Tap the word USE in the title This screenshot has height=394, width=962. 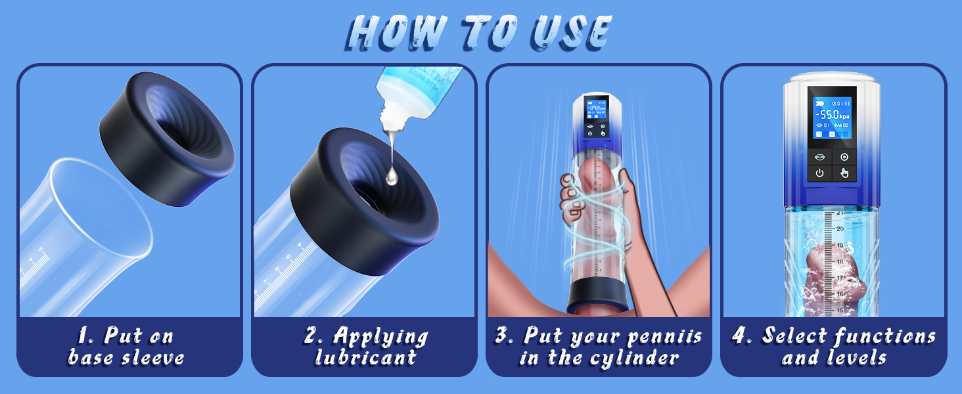coord(569,32)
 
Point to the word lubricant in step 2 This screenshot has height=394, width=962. coord(365,358)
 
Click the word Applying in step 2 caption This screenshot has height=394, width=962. coord(380,336)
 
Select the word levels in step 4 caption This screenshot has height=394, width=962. coord(855,358)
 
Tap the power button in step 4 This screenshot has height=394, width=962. coord(819,174)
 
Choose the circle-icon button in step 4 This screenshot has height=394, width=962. coord(844,157)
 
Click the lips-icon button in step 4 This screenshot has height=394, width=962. coord(819,157)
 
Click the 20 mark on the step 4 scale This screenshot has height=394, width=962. coord(839,229)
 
